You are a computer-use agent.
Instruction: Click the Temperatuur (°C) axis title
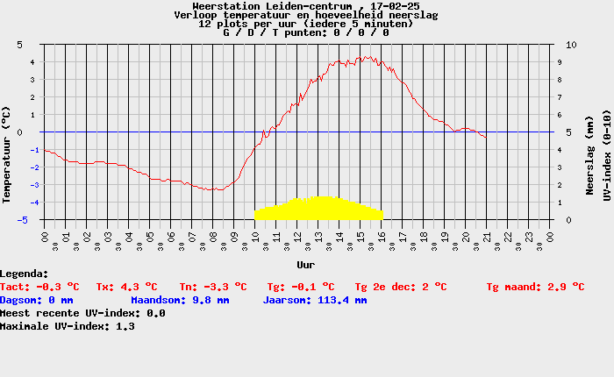point(7,154)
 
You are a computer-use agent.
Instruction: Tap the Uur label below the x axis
point(306,263)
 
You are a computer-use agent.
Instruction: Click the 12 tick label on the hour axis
point(297,236)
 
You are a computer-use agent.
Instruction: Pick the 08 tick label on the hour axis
point(213,236)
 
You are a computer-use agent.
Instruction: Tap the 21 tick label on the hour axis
point(488,236)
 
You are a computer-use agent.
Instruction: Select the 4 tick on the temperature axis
point(32,62)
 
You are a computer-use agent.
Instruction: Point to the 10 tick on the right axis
point(571,44)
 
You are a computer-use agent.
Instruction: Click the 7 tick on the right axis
point(568,97)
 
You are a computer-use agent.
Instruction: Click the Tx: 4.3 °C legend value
point(126,287)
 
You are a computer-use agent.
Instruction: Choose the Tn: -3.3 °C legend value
point(213,287)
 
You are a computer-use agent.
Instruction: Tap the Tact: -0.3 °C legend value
point(39,287)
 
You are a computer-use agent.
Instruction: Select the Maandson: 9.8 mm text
point(180,300)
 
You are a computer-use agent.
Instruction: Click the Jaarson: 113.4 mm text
point(315,300)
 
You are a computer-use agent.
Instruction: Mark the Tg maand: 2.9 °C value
point(535,287)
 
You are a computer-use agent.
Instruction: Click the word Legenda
point(25,274)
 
